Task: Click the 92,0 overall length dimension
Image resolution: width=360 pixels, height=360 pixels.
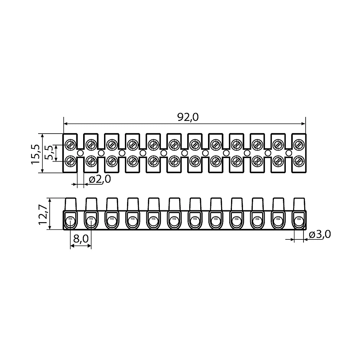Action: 188,117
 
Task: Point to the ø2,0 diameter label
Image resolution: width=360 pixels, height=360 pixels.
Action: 100,179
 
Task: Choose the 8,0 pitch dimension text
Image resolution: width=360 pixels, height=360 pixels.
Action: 81,239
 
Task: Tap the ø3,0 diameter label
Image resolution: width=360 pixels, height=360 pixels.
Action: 320,234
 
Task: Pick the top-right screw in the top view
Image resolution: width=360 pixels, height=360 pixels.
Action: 298,145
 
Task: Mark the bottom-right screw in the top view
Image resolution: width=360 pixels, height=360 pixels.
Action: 298,161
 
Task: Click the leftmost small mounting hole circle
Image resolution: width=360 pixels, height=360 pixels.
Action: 80,153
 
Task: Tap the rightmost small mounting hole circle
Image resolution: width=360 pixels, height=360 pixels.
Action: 289,153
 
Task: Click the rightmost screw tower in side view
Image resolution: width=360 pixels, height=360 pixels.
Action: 300,204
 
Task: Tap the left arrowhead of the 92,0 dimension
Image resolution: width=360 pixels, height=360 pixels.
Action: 66,124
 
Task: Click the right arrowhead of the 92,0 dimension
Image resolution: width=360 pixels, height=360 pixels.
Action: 303,124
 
